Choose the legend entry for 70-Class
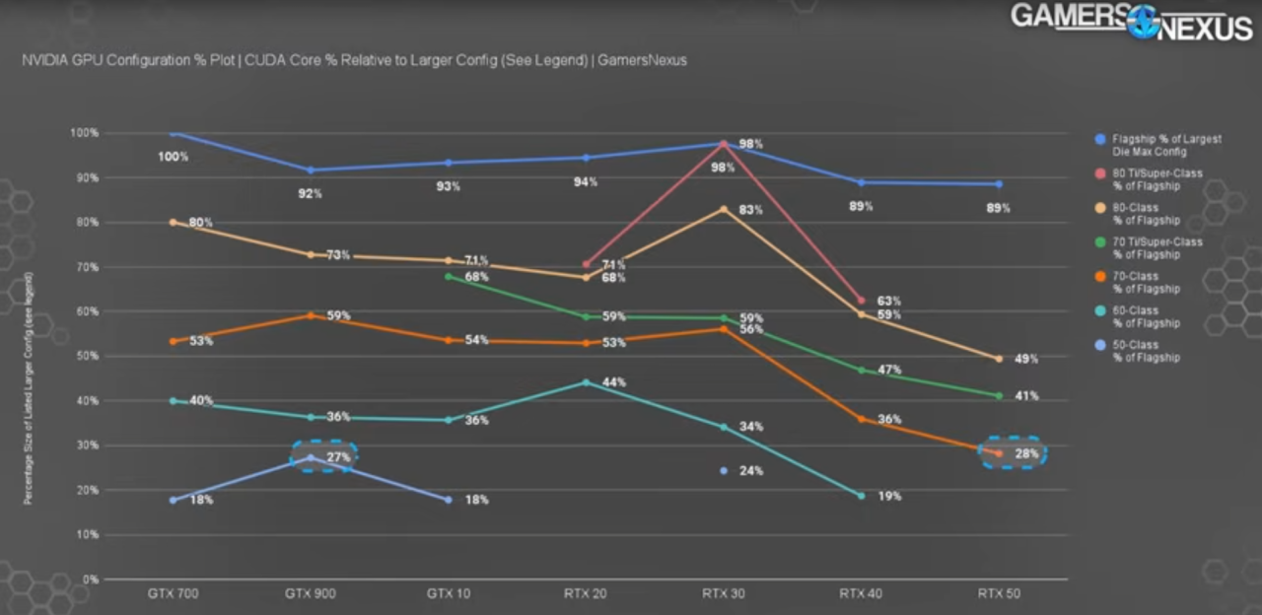tap(1144, 283)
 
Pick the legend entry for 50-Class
tap(1144, 351)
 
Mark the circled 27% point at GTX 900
tap(311, 457)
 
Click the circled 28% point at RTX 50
tap(999, 453)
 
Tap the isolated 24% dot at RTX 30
tap(724, 471)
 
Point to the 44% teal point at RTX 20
tap(586, 382)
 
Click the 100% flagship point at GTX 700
tap(174, 133)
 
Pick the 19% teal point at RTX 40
tap(861, 496)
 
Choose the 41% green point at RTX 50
tap(999, 396)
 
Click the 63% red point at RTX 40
tap(861, 301)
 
